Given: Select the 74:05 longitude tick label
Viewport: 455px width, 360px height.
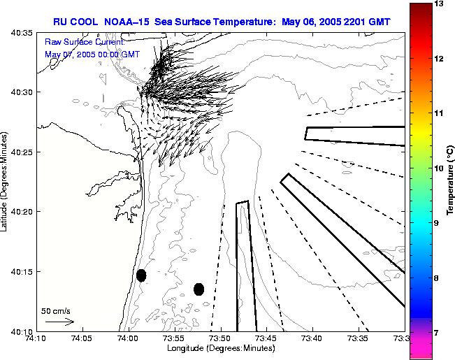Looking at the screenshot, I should coord(82,338).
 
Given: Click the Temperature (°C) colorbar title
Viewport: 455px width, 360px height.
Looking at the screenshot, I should coord(452,181).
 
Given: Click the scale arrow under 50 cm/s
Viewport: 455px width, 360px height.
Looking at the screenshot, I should coord(59,322).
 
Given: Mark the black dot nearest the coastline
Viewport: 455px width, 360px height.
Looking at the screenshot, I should coord(141,275).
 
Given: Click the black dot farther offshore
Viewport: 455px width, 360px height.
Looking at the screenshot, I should coord(198,289).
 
